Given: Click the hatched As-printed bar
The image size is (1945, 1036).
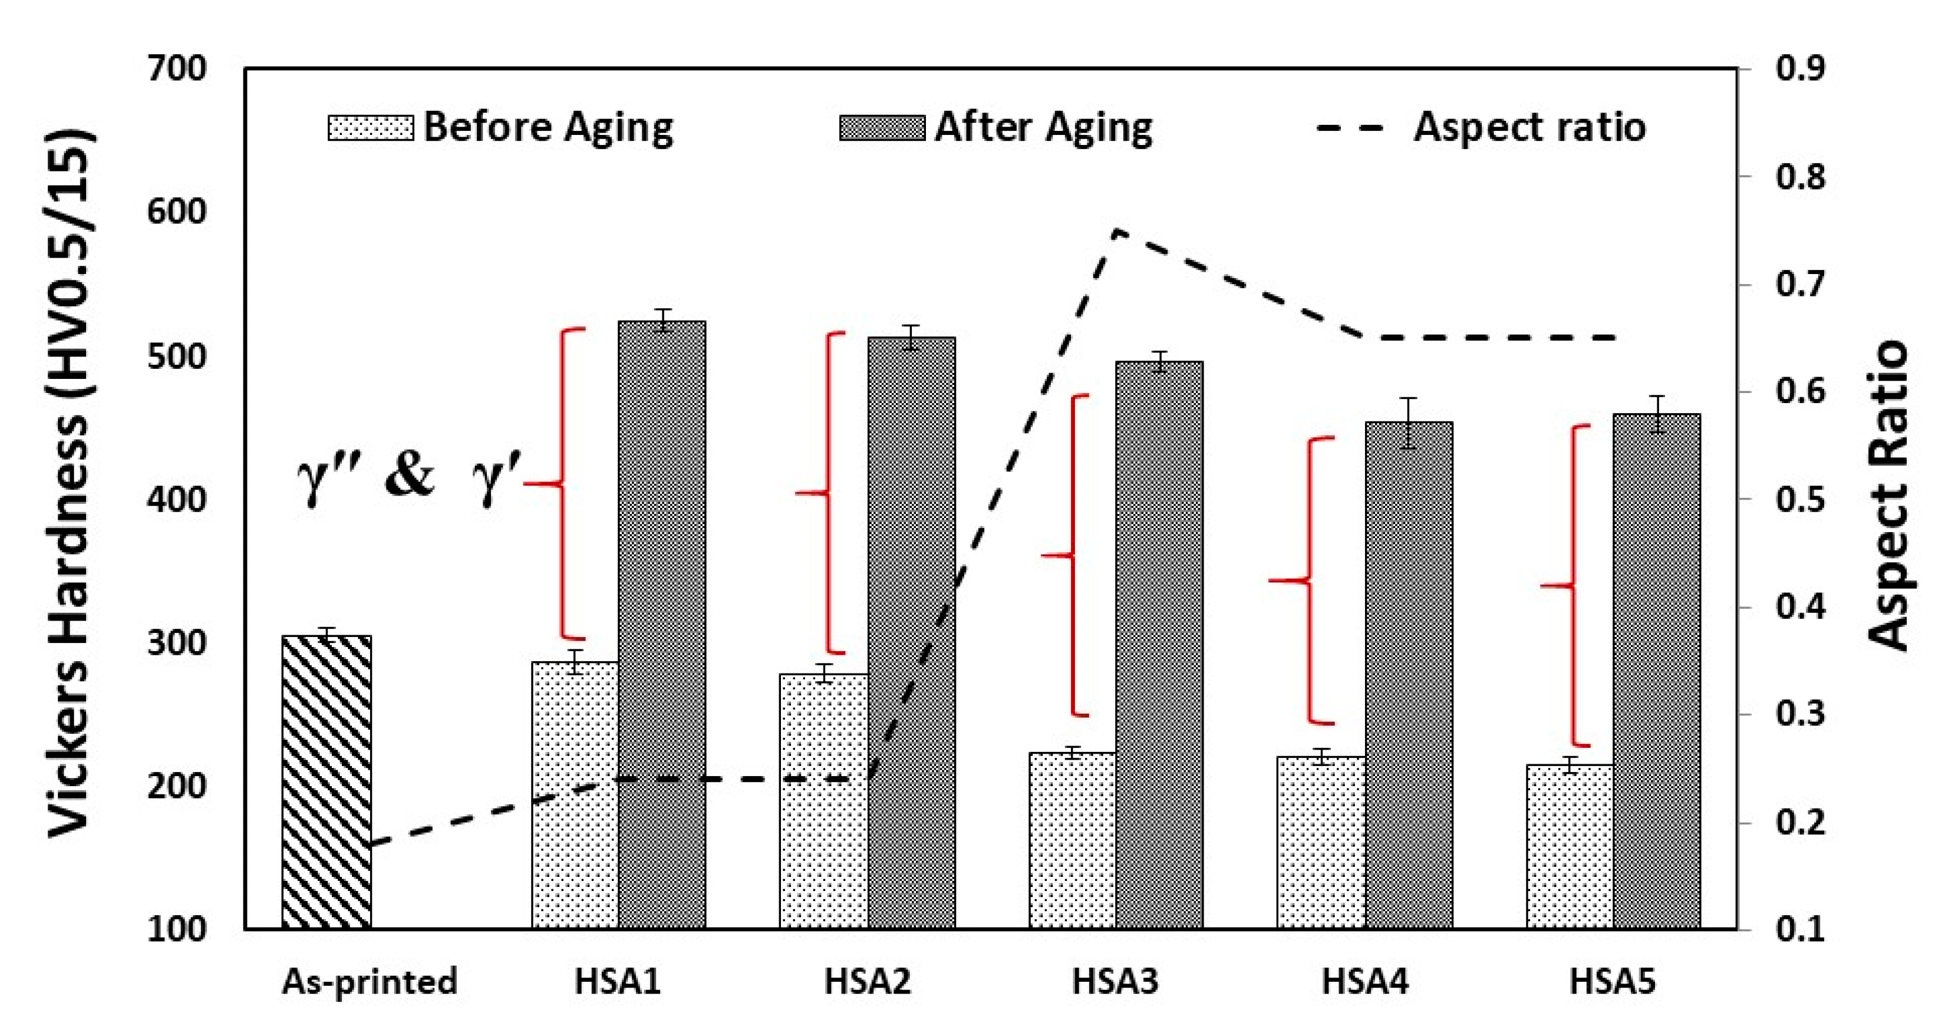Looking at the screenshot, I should coord(326,781).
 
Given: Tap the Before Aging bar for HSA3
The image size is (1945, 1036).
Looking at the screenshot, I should coord(1072,840).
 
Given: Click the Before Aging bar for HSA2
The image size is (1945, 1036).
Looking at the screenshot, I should coord(824,800).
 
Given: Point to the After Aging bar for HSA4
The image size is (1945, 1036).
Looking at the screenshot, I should coord(1409,674).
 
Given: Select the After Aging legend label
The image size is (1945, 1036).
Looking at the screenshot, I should coord(1043,127).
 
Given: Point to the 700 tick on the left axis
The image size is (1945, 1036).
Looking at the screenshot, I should coord(176,69).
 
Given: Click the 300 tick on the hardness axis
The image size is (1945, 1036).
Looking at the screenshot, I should coord(176,642).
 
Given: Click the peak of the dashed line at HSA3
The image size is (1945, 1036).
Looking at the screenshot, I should coord(1116,230).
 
